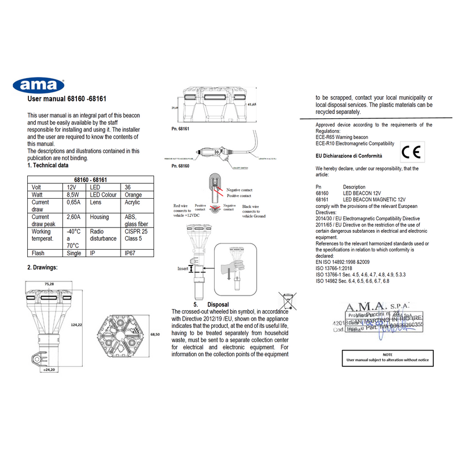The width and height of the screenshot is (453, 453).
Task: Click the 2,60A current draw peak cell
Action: tap(72, 217)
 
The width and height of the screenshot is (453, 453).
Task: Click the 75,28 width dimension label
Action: tap(49, 284)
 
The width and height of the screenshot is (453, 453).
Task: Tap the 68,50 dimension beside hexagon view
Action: tap(155, 335)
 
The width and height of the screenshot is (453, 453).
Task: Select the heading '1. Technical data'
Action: tap(48, 166)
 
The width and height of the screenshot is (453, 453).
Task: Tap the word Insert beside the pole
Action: tap(182, 268)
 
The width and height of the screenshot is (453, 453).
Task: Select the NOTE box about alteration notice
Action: tap(387, 357)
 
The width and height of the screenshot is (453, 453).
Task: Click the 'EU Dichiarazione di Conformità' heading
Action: tap(348, 155)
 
